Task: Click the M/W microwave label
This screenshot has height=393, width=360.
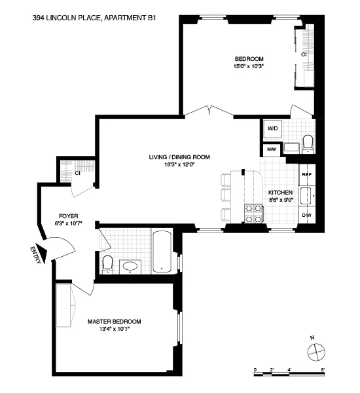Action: pos(271,149)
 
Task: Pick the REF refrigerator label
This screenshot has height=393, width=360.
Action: pos(306,175)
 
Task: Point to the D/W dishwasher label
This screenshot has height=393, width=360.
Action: pos(306,215)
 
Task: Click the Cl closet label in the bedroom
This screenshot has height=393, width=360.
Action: pos(304,55)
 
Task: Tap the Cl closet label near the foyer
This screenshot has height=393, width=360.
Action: pos(77,174)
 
